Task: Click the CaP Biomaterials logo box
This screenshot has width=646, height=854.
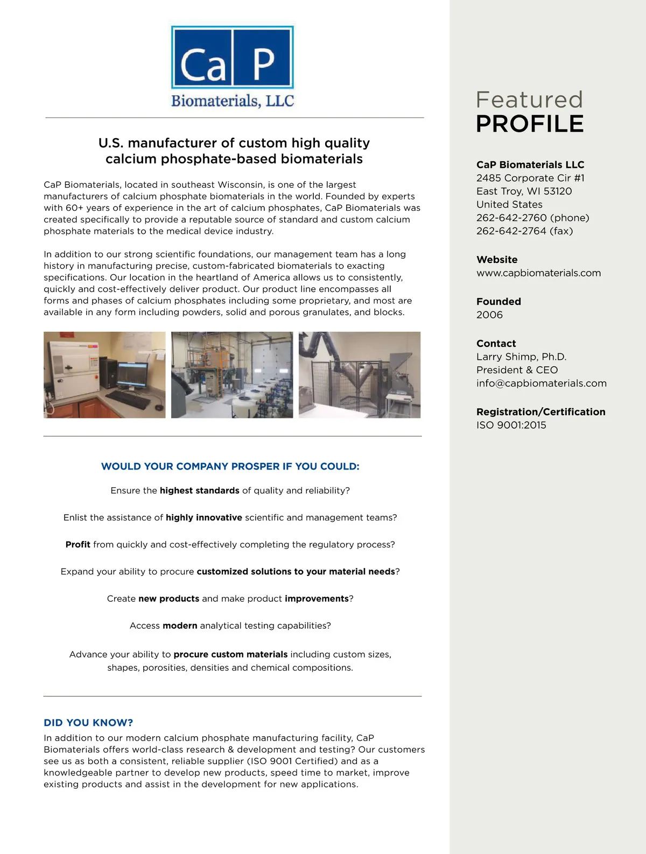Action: (x=232, y=57)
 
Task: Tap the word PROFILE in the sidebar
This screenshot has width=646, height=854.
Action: (x=530, y=124)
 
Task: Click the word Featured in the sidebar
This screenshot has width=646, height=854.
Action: (x=529, y=99)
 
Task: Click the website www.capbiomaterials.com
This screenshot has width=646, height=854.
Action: (x=538, y=273)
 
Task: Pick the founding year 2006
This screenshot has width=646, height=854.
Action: (x=489, y=315)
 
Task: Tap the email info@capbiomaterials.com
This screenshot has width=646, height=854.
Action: (x=541, y=383)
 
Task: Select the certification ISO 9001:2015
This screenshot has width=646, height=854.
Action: (x=511, y=425)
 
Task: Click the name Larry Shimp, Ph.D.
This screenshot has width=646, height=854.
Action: (x=521, y=357)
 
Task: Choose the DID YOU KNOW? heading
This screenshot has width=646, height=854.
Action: (x=88, y=723)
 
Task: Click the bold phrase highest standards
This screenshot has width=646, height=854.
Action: (x=199, y=490)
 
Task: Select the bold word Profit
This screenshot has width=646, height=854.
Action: (x=78, y=545)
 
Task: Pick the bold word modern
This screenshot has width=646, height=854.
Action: (x=180, y=626)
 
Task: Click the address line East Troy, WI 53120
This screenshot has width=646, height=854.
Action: (x=524, y=191)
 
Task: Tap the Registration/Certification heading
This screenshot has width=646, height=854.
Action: (x=540, y=412)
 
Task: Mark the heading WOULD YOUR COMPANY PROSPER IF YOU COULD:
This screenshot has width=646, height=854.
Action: (x=230, y=467)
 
